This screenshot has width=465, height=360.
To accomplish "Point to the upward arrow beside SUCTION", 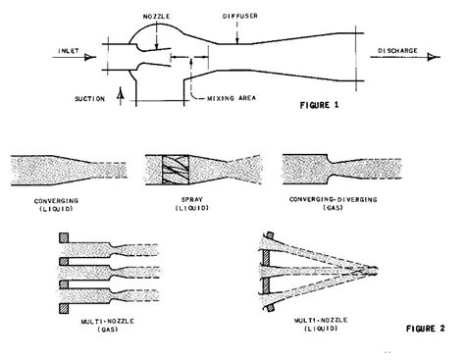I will tap(121, 94).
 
